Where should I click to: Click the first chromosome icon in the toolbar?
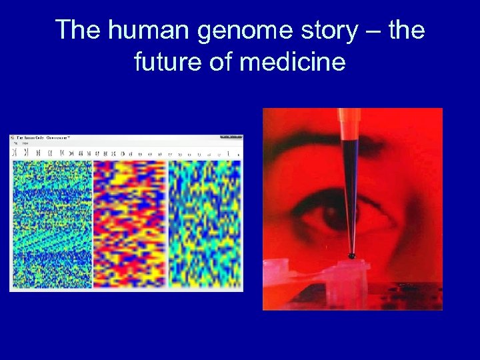click(14, 153)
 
